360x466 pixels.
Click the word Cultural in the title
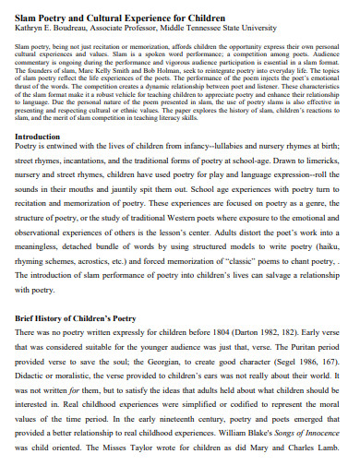click(x=121, y=17)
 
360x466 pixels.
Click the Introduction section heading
click(x=44, y=136)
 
